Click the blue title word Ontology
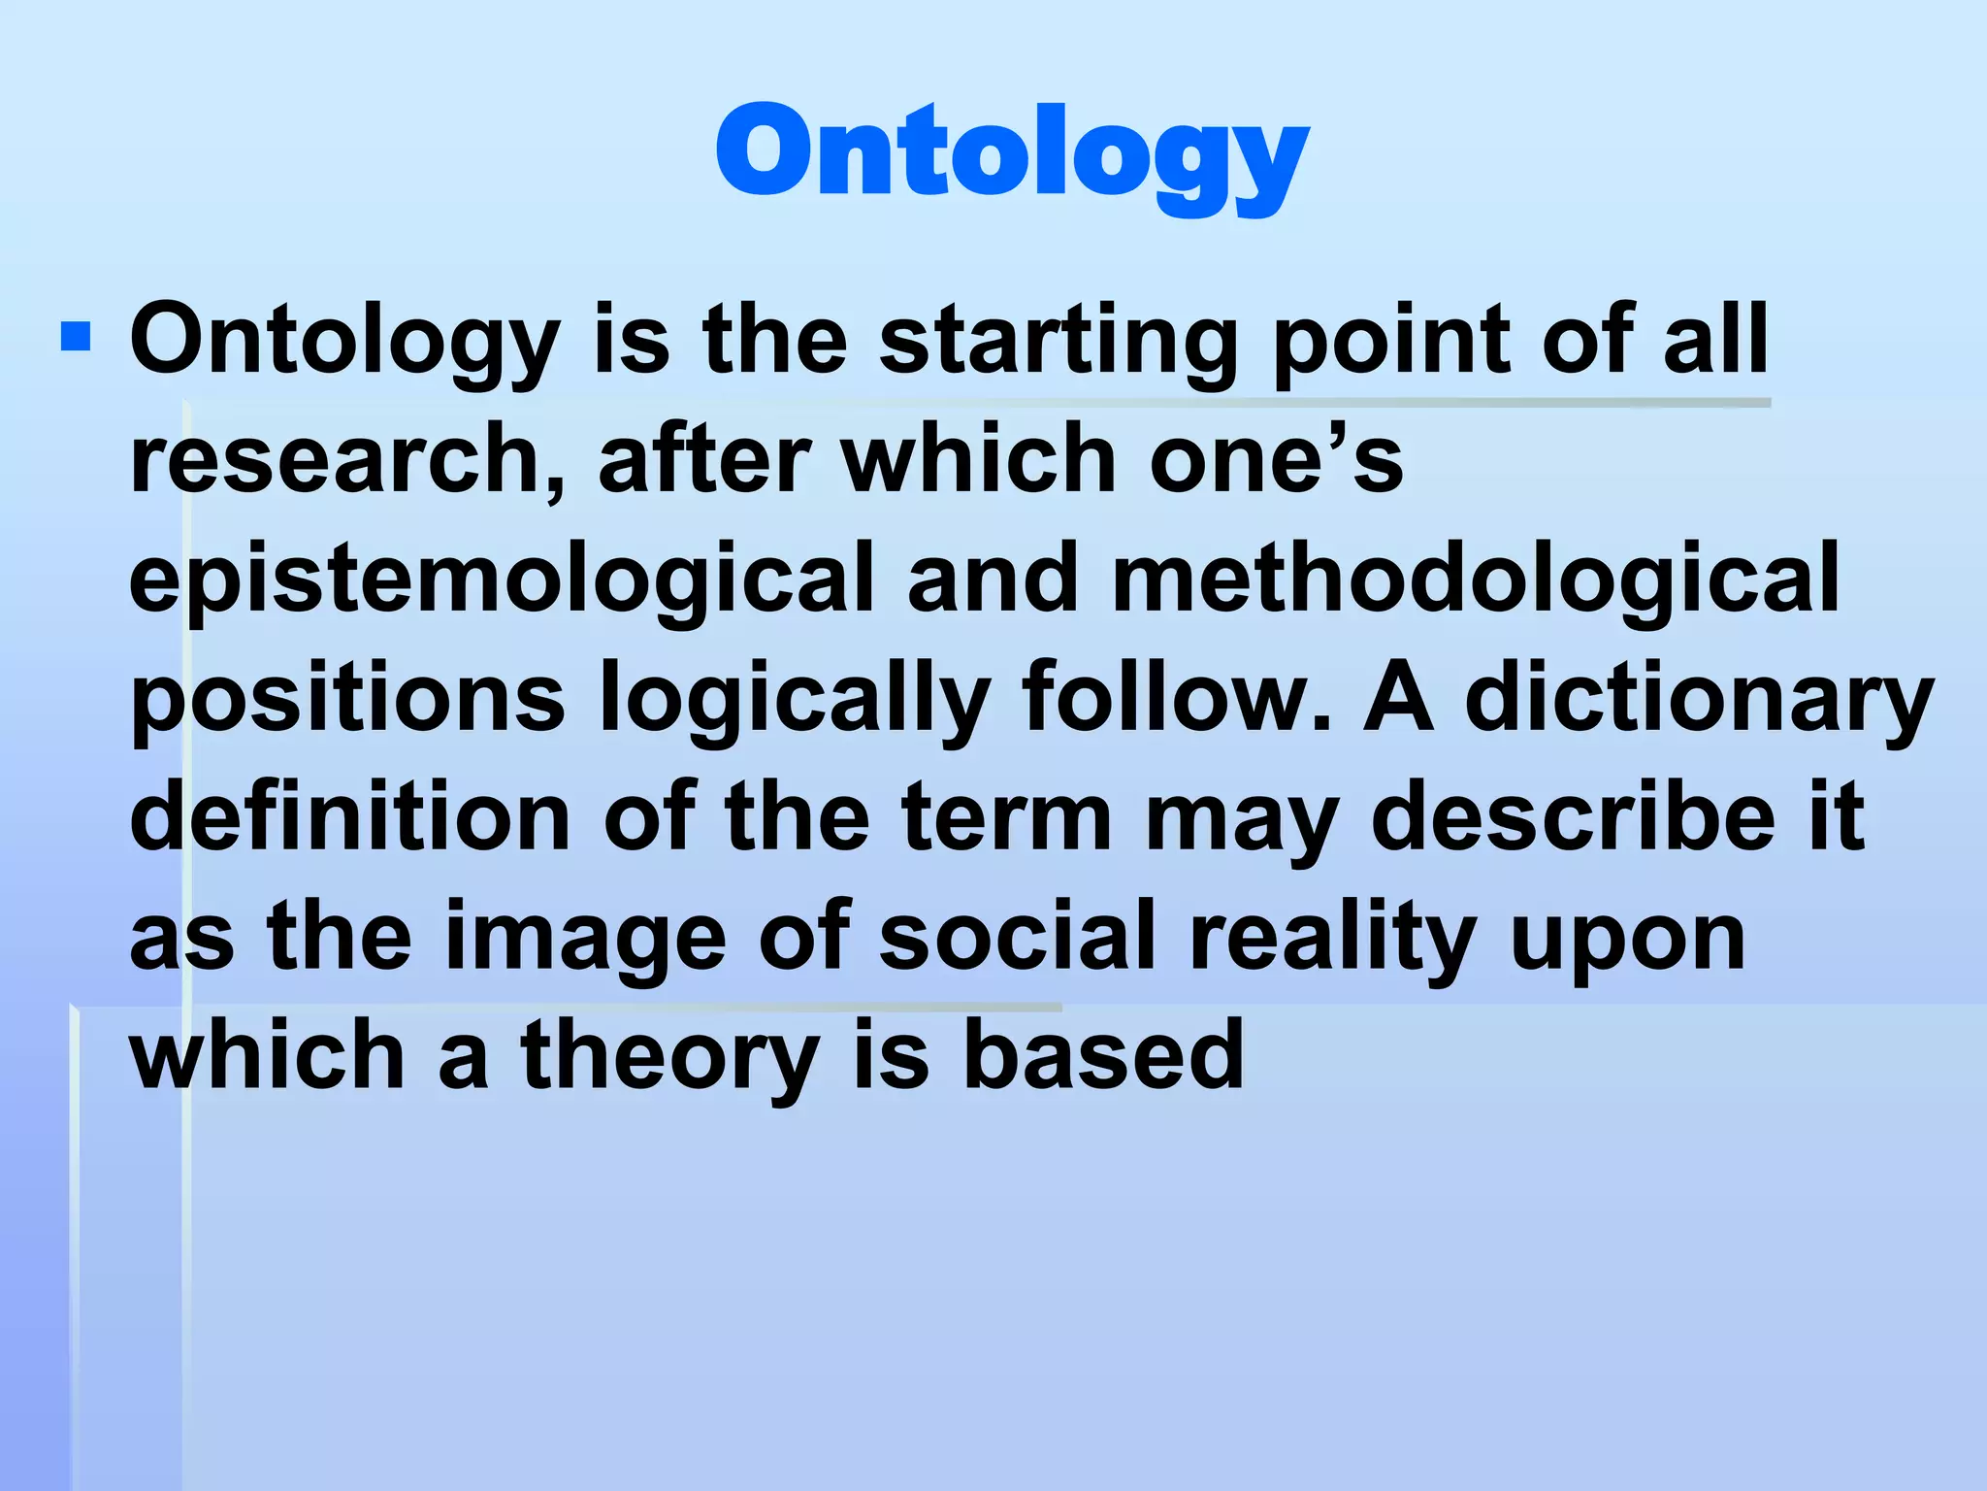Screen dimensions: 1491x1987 click(x=1012, y=155)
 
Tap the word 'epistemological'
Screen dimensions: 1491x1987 click(x=502, y=580)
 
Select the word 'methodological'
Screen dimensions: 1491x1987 click(x=1475, y=580)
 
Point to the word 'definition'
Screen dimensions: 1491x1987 click(x=350, y=816)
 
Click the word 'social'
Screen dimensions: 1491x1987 click(x=1018, y=936)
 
